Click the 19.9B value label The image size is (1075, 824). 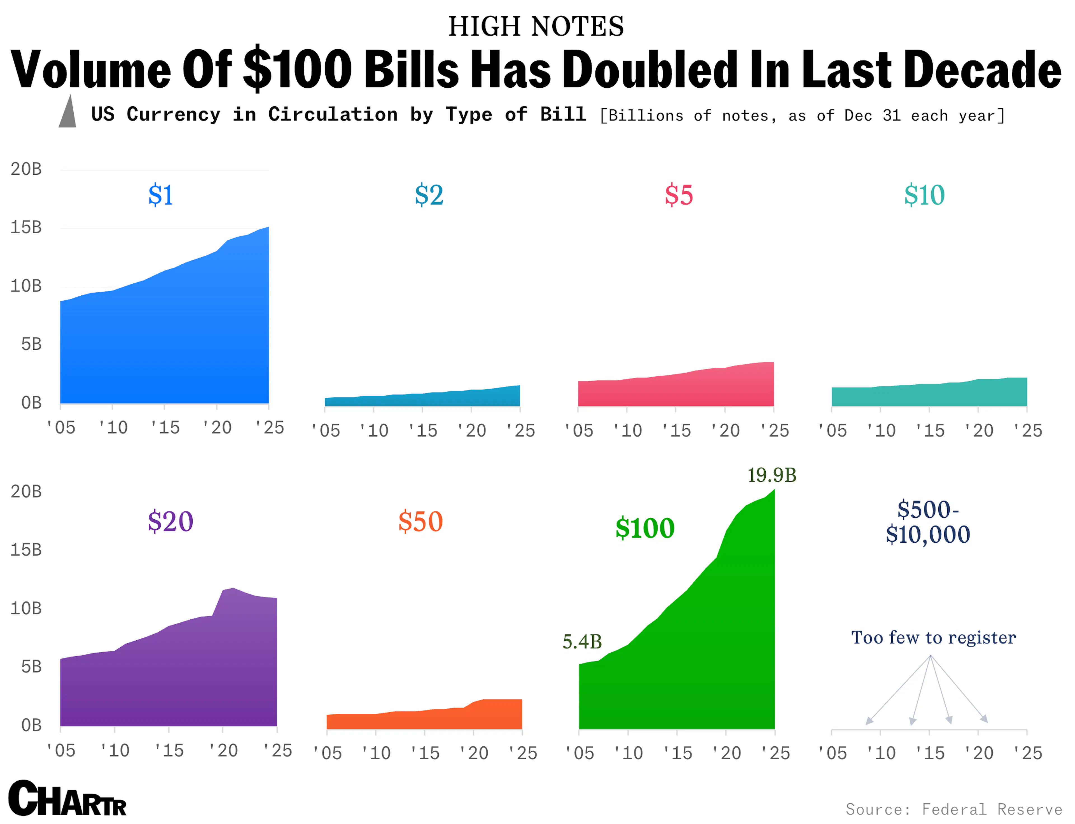pos(772,475)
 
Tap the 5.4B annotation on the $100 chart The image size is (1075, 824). pos(582,641)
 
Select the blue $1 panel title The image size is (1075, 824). pos(161,195)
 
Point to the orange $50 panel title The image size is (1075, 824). pos(420,521)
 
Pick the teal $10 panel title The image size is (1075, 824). pos(924,195)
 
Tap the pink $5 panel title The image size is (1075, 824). pos(679,195)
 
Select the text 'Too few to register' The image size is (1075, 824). pos(933,638)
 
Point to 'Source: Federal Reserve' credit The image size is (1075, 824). pos(954,809)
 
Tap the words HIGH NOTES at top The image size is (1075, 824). pos(536,27)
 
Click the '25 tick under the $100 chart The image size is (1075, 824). pos(775,753)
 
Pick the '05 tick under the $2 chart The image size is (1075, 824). pos(326,431)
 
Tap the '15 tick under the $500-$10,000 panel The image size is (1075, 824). pos(929,753)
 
